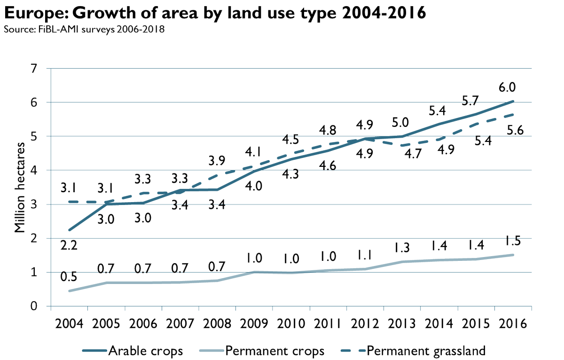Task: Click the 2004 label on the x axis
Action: [68, 324]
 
